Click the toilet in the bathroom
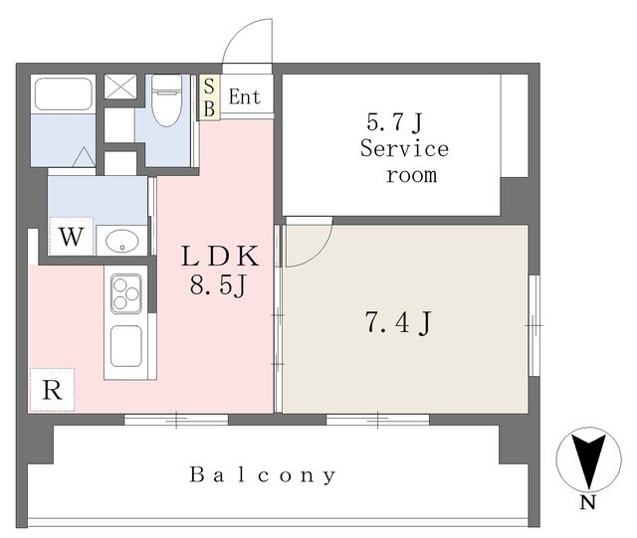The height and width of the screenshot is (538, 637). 166,100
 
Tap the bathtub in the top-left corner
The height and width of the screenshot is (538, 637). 63,93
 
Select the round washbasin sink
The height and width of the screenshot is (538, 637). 121,241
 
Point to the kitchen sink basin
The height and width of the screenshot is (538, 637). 126,346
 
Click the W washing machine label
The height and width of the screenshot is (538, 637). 72,237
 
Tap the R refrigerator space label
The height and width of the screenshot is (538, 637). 53,391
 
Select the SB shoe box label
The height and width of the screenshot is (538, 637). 209,97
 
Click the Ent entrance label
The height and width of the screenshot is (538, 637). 244,97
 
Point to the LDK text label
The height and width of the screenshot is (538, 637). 220,257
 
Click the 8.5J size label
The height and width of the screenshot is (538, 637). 218,285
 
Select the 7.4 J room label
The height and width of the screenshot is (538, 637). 398,322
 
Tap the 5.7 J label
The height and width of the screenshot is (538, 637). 395,121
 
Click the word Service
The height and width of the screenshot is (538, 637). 405,148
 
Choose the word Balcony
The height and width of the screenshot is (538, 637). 263,474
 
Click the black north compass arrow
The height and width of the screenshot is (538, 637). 588,460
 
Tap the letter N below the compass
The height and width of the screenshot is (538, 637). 588,502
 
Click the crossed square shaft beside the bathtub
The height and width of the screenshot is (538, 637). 120,87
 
